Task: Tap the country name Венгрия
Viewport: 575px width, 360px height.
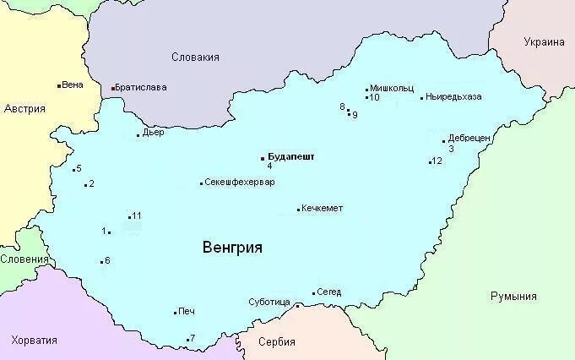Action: (x=232, y=248)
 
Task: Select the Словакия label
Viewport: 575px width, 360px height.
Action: (x=195, y=57)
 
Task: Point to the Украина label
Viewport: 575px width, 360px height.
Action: (x=543, y=42)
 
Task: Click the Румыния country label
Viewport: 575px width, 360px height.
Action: (x=513, y=297)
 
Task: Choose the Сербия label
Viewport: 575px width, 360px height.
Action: (x=277, y=342)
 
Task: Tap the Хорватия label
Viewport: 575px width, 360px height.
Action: (x=35, y=340)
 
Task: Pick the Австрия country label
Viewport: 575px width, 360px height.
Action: (x=24, y=109)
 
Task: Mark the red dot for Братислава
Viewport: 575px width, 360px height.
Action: (x=113, y=88)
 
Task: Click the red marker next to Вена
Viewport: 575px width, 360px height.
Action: (x=58, y=85)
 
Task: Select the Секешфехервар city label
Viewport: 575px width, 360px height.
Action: (x=240, y=183)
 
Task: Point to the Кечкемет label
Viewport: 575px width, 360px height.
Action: (x=323, y=209)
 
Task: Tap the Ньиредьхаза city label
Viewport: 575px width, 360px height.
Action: (x=454, y=96)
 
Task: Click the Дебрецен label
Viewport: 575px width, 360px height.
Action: (x=469, y=138)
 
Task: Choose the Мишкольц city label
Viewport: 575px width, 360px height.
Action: (x=392, y=87)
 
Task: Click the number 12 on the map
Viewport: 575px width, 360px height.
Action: (x=437, y=161)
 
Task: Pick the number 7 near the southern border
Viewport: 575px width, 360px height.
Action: (x=193, y=338)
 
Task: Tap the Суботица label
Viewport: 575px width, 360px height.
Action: (x=269, y=302)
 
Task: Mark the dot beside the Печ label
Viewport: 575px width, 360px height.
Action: (x=175, y=313)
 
